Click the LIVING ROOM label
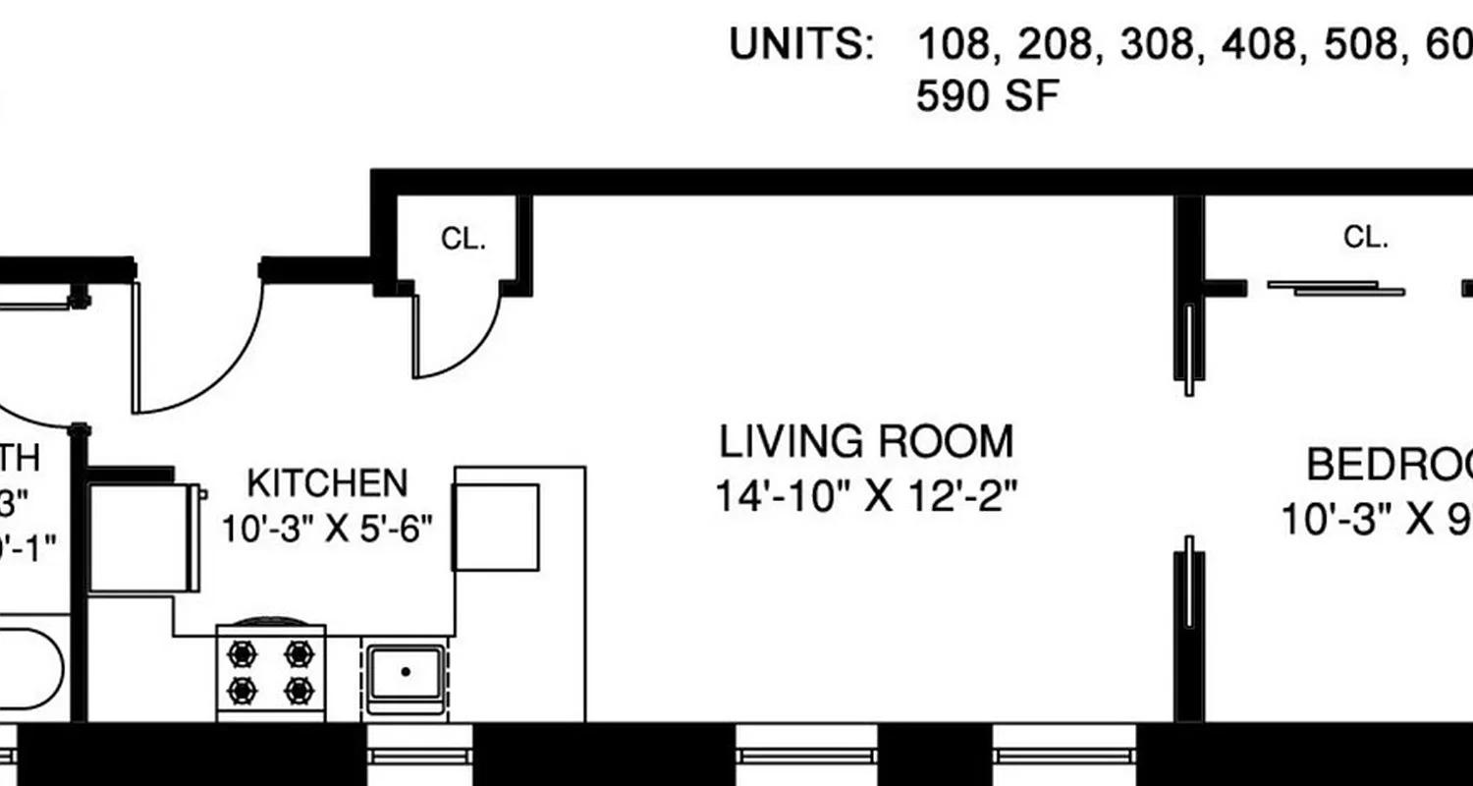(x=865, y=442)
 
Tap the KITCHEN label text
(x=327, y=483)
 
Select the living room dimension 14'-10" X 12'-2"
(x=864, y=495)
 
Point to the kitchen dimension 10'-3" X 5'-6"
(x=327, y=531)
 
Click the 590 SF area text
(x=987, y=96)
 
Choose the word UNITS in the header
(x=800, y=45)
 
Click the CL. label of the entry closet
(x=464, y=240)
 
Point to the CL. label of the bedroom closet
(x=1365, y=237)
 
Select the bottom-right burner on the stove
(x=299, y=691)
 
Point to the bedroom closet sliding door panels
(x=1336, y=288)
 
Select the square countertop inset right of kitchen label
(x=496, y=527)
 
